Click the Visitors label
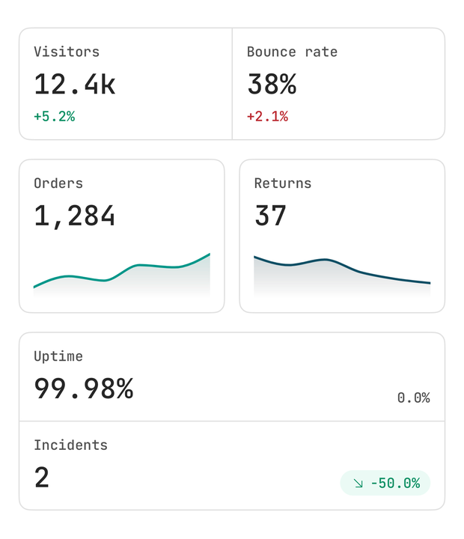(67, 52)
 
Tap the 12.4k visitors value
(75, 84)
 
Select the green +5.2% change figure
(55, 116)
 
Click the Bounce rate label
(292, 52)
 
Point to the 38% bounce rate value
(272, 84)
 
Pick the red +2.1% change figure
(267, 116)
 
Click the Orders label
(58, 183)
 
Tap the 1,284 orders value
(75, 216)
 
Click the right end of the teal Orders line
(210, 255)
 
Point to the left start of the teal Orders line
(34, 287)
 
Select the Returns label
(283, 183)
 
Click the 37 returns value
(270, 216)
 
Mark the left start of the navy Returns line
(254, 257)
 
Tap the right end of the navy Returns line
(430, 283)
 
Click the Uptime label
(58, 356)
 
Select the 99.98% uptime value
(84, 389)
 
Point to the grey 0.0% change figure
(414, 398)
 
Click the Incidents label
(71, 445)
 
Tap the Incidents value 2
(42, 478)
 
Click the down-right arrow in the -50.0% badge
(358, 484)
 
